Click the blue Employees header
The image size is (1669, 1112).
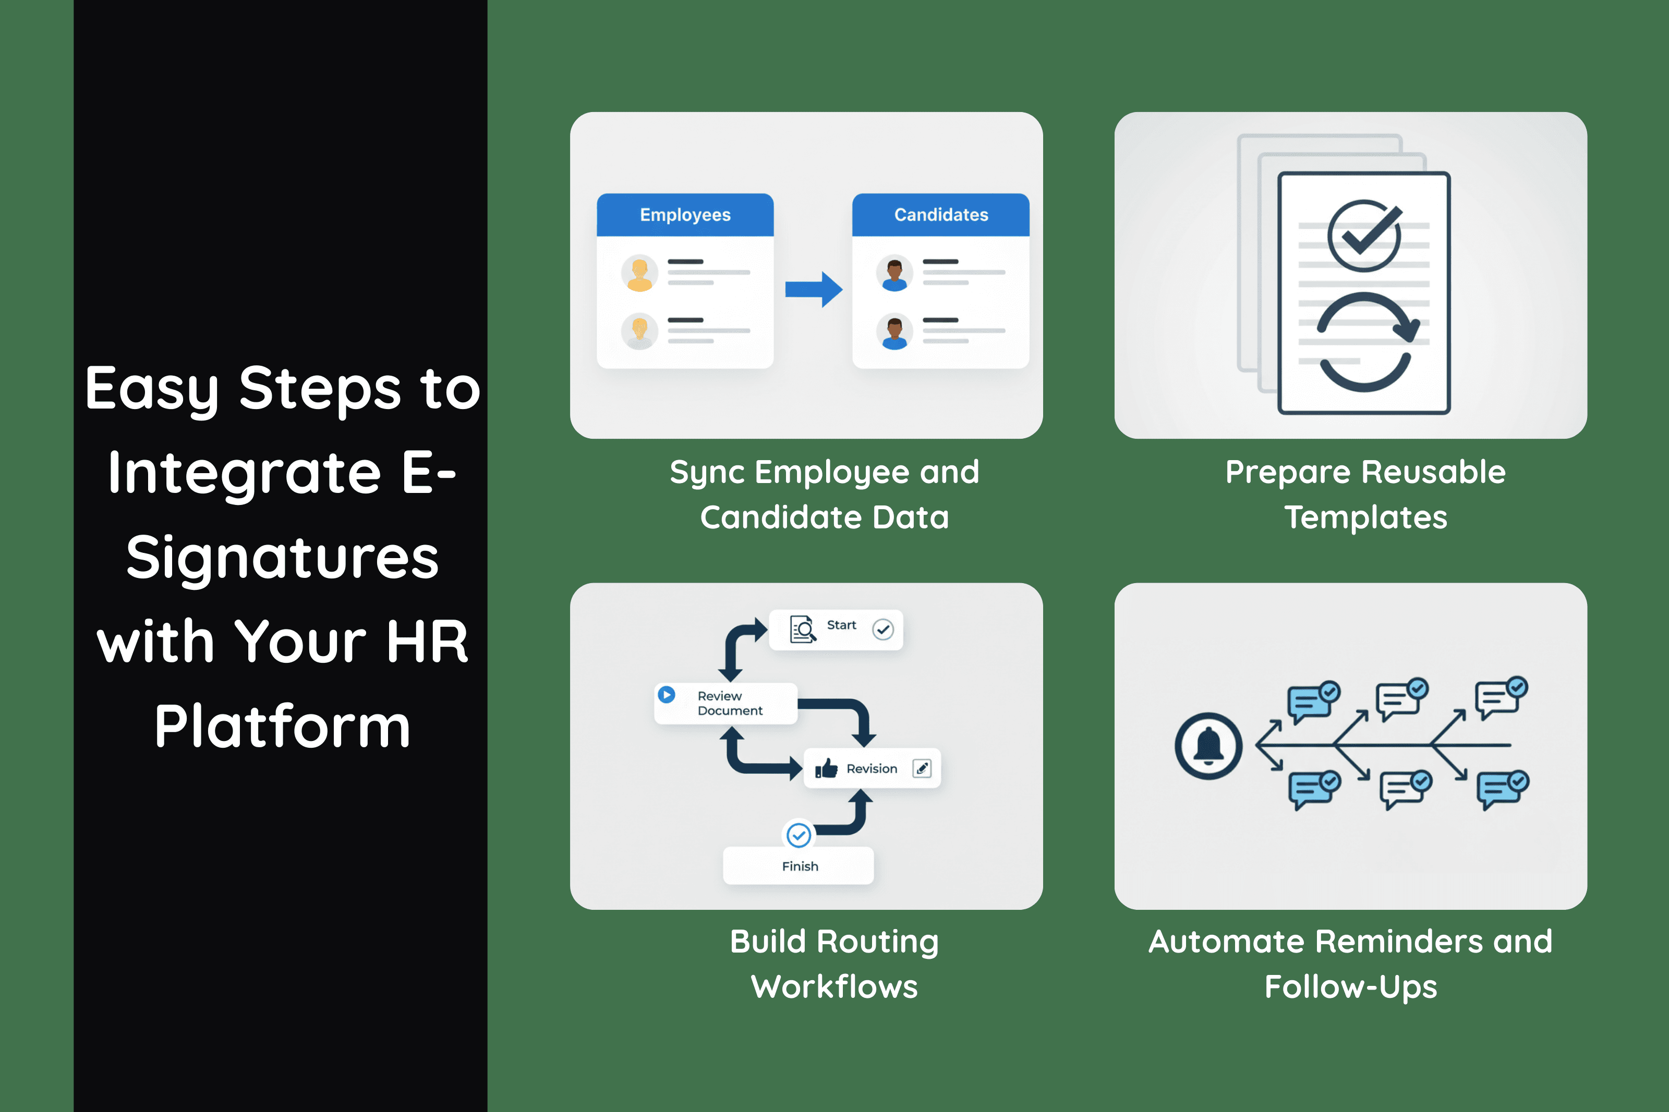coord(685,215)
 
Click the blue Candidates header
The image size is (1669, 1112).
coord(940,215)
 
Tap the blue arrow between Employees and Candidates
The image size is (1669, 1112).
coord(813,289)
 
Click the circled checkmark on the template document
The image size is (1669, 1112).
coord(1364,236)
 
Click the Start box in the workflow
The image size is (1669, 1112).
coord(836,629)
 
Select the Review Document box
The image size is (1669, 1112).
coord(725,703)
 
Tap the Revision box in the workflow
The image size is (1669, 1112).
coord(872,769)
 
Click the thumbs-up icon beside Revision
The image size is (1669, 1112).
coord(826,769)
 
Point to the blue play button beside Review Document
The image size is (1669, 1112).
coord(667,694)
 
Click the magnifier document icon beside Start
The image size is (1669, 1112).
coord(803,629)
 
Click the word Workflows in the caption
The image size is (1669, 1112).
coord(835,987)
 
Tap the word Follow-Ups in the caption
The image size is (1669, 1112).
coord(1350,987)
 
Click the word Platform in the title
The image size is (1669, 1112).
coord(282,727)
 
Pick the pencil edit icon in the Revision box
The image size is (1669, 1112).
coord(922,769)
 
